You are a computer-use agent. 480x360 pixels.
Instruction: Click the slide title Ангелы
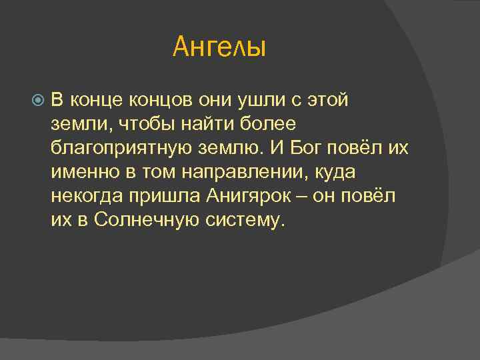(219, 47)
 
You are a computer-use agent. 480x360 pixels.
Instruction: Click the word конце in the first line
(93, 101)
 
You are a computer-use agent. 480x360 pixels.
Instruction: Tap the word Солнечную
(146, 221)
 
